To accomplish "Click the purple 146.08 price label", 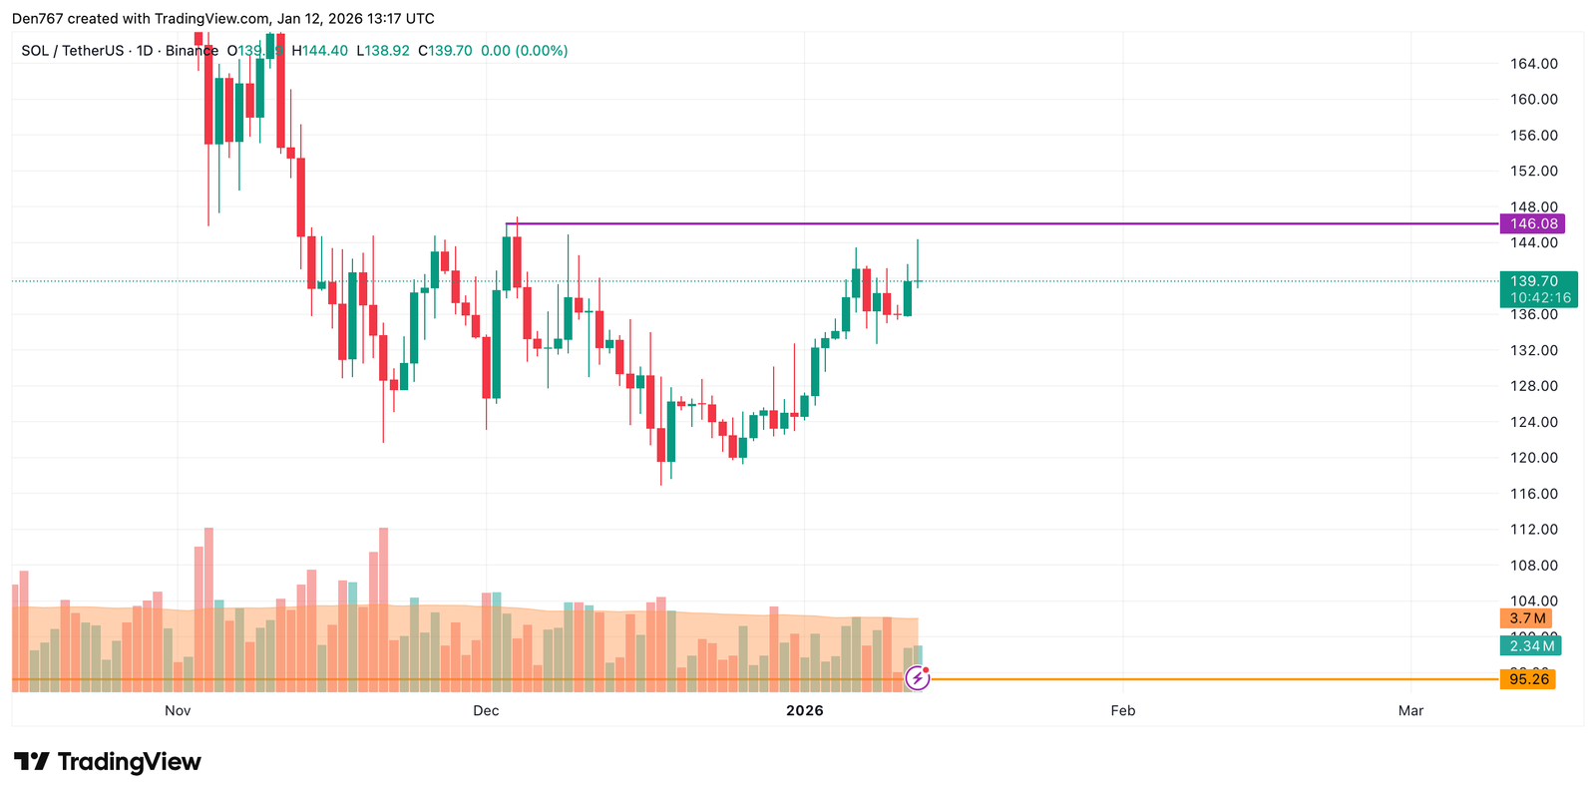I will click(x=1533, y=223).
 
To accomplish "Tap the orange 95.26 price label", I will click(x=1528, y=679).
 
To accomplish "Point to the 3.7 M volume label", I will click(x=1527, y=618).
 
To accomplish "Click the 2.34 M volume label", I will click(x=1530, y=646).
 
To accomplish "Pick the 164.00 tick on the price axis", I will click(x=1533, y=64).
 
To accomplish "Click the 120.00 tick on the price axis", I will click(x=1533, y=458).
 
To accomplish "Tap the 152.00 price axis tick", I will click(x=1533, y=171).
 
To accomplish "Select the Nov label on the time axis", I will click(x=178, y=710).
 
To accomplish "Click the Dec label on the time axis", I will click(x=486, y=710).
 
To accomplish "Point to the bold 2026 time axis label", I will click(x=805, y=710).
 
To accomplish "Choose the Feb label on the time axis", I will click(x=1123, y=710).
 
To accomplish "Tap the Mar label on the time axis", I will click(x=1410, y=710).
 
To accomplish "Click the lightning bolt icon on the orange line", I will click(x=917, y=679).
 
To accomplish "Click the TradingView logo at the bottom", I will click(x=108, y=762).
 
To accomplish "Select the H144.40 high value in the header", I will click(x=320, y=51).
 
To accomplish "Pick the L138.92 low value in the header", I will click(x=383, y=51).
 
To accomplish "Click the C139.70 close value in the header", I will click(x=445, y=51).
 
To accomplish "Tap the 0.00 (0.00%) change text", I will click(x=524, y=51).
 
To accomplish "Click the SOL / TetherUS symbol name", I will click(x=73, y=51).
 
